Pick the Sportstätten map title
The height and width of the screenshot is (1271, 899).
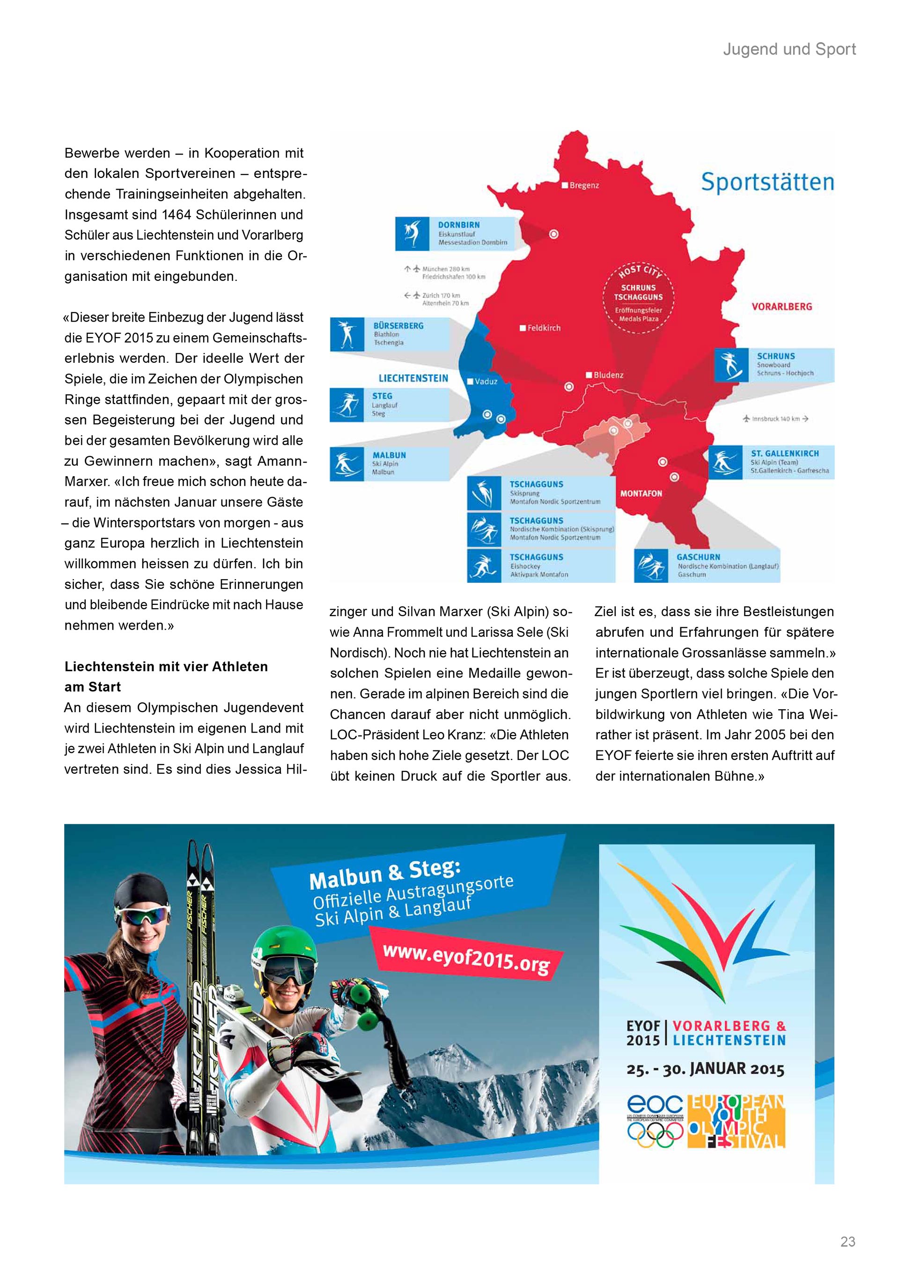tap(767, 182)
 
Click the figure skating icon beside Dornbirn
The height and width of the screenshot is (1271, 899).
tap(412, 234)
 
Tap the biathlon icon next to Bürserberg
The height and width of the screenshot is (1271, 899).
tap(346, 334)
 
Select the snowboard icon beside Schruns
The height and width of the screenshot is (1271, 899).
tap(731, 365)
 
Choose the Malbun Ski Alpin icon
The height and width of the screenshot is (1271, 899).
tap(346, 463)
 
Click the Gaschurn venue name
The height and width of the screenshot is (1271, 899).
tap(698, 557)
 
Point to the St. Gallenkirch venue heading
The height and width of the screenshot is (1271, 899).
tap(784, 453)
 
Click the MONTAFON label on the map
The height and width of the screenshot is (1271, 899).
tap(641, 493)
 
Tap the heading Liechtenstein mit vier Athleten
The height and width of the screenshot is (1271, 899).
tap(166, 667)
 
